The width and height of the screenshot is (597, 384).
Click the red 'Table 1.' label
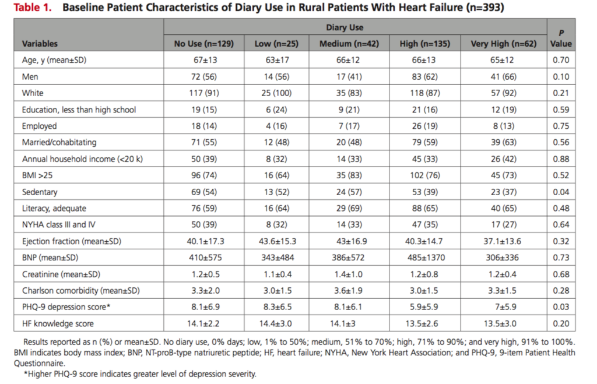coord(33,8)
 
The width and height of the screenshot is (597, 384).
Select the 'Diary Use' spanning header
coord(345,27)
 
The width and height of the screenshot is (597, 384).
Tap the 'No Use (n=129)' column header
coord(203,44)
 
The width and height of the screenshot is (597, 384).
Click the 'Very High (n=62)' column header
coord(503,44)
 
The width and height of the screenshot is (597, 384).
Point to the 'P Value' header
coord(561,38)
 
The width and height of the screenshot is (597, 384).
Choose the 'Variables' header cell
coord(40,44)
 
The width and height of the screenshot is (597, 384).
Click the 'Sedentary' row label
coord(40,192)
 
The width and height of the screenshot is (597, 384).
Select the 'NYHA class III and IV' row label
coord(59,224)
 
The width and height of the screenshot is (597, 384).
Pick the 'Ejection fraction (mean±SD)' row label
coord(72,241)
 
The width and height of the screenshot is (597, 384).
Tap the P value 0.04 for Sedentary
coord(561,192)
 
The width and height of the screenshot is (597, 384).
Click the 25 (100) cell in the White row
coord(276,93)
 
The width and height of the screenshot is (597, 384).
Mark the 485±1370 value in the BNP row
coord(425,258)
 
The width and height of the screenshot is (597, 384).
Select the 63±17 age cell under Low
coord(277,60)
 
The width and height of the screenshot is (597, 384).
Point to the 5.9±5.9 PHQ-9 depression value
coord(425,307)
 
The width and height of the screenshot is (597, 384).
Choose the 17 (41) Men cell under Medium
coord(349,77)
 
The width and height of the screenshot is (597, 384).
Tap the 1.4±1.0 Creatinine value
coord(349,274)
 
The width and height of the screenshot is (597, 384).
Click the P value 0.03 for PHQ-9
coord(561,307)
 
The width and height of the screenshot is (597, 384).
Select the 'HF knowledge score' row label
coord(58,324)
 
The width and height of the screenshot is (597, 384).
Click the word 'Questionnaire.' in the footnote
coord(40,364)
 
